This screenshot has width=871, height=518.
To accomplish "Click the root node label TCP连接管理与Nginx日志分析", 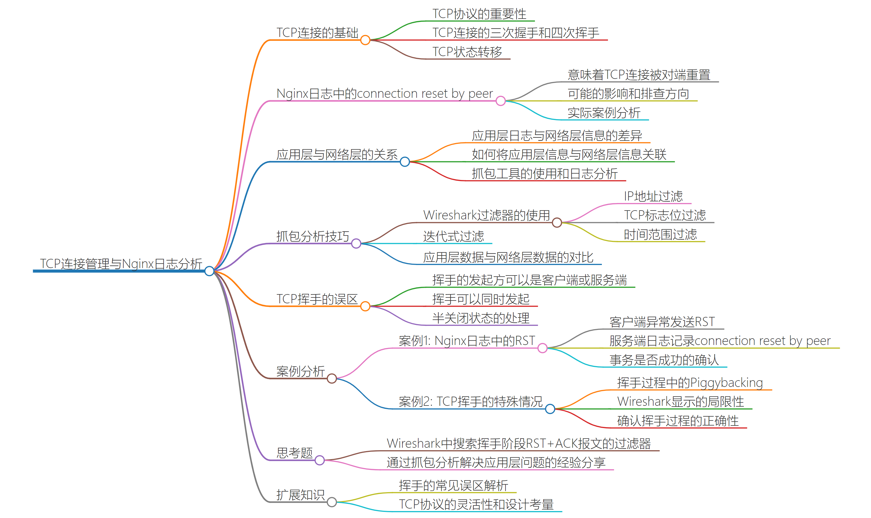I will point(121,264).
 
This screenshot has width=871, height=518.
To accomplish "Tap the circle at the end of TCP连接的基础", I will point(365,40).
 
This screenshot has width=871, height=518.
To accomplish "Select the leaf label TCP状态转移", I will point(467,52).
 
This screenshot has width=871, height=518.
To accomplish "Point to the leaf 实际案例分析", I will point(604,113).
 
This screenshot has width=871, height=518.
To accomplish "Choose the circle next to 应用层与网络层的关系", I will point(404,162).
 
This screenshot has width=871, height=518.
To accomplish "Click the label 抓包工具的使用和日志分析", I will point(544,174).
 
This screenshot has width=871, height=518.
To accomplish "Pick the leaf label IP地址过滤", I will point(653,196).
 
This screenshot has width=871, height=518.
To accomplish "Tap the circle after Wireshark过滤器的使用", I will point(557,222).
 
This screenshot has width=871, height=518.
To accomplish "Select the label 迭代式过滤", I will point(453,236).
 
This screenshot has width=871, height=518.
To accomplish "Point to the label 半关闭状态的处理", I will point(480,318).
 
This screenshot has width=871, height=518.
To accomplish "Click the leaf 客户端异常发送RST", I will point(662,321).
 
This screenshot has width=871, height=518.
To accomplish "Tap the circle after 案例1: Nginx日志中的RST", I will point(542,348).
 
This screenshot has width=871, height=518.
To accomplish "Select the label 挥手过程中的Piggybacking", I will point(690,382).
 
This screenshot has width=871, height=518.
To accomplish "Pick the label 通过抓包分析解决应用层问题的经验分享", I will point(495,462).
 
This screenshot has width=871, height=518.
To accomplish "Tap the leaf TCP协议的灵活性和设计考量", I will point(476,504).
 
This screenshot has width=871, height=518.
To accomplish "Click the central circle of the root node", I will point(209,271).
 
